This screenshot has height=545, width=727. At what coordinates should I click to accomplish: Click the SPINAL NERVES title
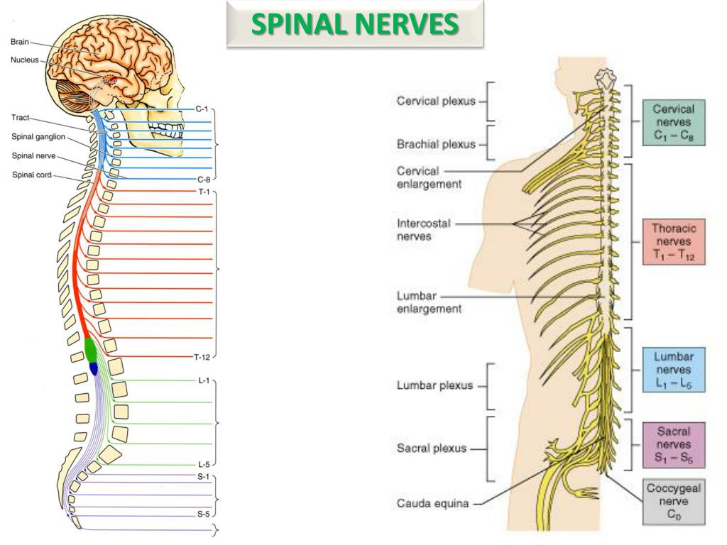point(355,24)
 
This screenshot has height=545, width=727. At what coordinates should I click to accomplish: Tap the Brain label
point(20,42)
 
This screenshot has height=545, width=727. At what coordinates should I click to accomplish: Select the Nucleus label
point(25,60)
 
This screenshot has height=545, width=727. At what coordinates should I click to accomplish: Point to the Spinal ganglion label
point(38,136)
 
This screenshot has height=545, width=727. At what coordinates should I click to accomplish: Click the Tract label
point(21,118)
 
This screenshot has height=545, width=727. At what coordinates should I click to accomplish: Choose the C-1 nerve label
point(202,109)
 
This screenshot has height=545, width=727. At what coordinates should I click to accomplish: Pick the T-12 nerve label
point(202,356)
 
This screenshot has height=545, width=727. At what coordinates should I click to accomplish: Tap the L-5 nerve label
point(203,464)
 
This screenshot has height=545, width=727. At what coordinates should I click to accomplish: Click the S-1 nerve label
point(203,477)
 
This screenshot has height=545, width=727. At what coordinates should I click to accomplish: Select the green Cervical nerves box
point(673,122)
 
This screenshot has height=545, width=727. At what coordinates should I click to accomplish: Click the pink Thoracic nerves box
point(673,241)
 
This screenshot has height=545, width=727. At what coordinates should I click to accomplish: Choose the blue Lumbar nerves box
point(673,370)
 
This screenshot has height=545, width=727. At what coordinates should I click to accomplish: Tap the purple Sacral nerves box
point(673,444)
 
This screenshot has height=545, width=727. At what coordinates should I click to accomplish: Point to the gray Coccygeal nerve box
point(673,502)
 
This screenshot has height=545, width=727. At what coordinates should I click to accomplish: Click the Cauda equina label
point(432,505)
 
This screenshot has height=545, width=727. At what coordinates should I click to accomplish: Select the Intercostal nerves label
point(423,230)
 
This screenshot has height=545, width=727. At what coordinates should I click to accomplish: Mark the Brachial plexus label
point(435,144)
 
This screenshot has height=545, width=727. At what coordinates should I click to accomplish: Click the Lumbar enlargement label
point(429,302)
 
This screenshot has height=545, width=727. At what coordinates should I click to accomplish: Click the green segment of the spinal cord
point(91,348)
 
